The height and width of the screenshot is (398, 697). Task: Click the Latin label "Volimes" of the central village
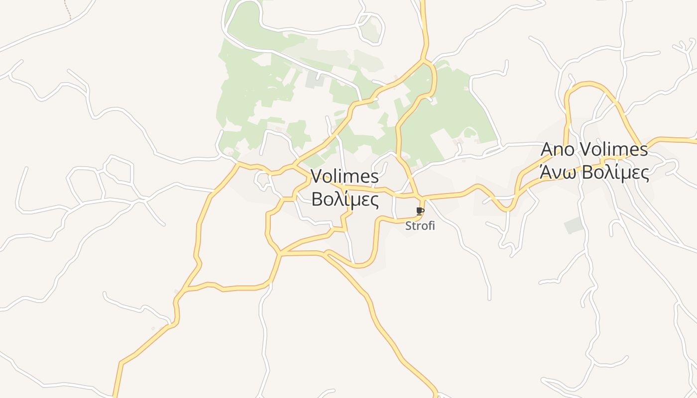pyautogui.click(x=345, y=177)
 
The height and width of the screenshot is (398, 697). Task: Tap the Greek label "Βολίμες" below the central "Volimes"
pyautogui.click(x=345, y=200)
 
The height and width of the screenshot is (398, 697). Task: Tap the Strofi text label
pyautogui.click(x=420, y=226)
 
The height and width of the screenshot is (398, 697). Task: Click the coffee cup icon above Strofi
pyautogui.click(x=420, y=211)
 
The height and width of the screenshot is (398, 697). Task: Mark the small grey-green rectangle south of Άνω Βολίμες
pyautogui.click(x=574, y=225)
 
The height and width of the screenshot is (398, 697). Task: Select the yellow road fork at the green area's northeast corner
pyautogui.click(x=424, y=61)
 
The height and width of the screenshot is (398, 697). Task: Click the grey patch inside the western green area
pyautogui.click(x=314, y=80)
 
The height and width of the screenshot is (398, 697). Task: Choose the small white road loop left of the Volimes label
pyautogui.click(x=262, y=180)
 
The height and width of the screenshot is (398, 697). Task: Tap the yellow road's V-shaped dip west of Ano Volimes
pyautogui.click(x=506, y=209)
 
